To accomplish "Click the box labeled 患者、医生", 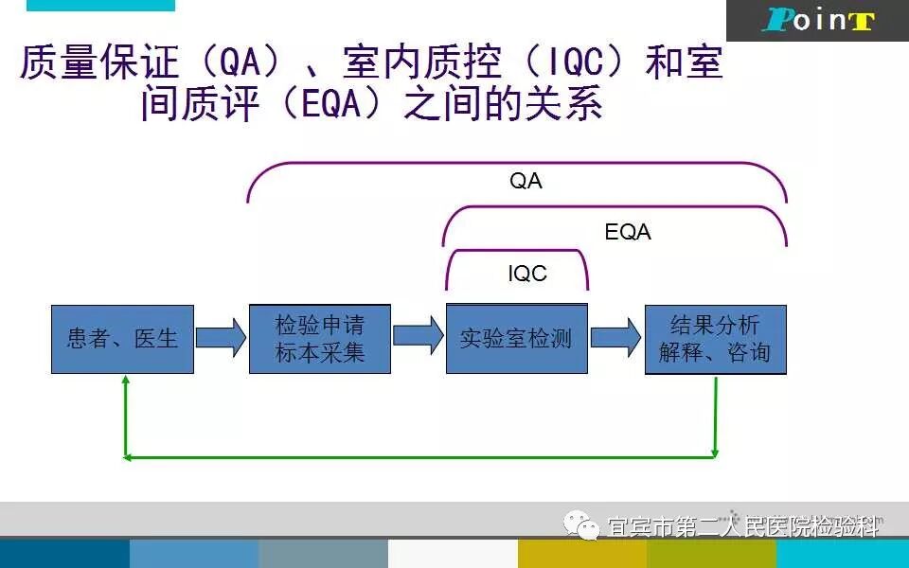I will (x=122, y=339).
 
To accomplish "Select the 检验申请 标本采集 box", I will (x=320, y=339).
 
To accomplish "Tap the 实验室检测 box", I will (x=516, y=339).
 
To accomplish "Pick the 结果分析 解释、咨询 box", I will (x=715, y=339).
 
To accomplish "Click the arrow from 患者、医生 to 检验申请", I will (x=222, y=337).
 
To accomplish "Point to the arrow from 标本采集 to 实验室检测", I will (x=418, y=336).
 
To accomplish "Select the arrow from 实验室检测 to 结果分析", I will (x=615, y=337).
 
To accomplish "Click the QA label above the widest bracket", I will (x=526, y=182).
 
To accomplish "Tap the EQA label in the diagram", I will (x=628, y=232).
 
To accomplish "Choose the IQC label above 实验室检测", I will (x=527, y=275).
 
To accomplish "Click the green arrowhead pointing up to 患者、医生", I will (x=125, y=381).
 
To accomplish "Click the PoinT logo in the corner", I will (x=817, y=21).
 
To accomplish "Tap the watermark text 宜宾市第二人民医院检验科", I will (x=743, y=526).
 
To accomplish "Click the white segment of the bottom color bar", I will (x=452, y=554).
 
